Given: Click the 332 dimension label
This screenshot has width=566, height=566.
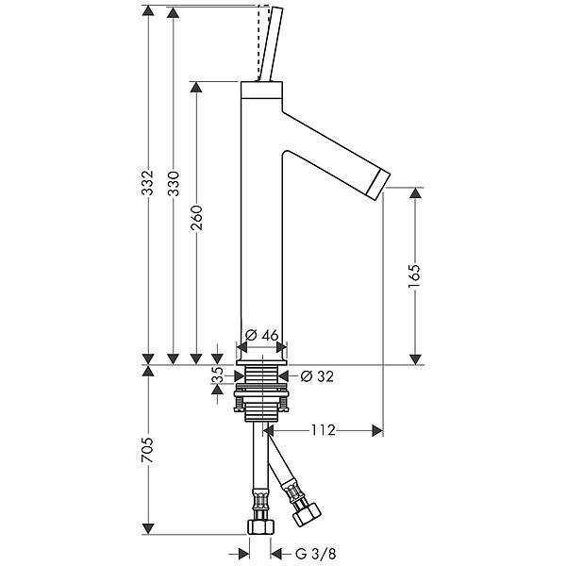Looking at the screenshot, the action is tap(147, 182).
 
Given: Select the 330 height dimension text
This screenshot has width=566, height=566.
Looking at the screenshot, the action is tap(174, 183).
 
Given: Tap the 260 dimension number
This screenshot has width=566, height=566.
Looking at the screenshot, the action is tap(197, 218).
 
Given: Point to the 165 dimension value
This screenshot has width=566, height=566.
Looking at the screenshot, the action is tap(414, 276).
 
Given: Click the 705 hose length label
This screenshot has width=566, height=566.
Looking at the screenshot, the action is tap(147, 450).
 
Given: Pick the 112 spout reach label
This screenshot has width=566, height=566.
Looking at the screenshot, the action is tap(324, 430).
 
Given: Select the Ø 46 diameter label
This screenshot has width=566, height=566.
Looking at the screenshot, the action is tap(261, 335).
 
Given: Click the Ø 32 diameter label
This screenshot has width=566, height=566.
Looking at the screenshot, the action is tap(317, 376).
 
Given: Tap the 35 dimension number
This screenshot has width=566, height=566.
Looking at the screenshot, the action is tap(217, 375).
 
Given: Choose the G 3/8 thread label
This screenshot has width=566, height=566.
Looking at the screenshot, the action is tap(315, 553).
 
